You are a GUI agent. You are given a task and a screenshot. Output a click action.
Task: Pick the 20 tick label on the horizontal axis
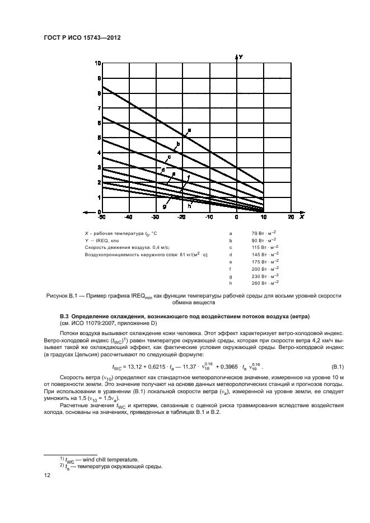(x=291, y=216)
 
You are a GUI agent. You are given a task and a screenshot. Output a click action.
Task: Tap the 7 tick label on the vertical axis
(x=99, y=108)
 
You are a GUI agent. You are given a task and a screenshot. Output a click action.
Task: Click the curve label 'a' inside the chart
(x=189, y=130)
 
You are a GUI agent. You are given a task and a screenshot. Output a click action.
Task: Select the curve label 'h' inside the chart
(x=189, y=206)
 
